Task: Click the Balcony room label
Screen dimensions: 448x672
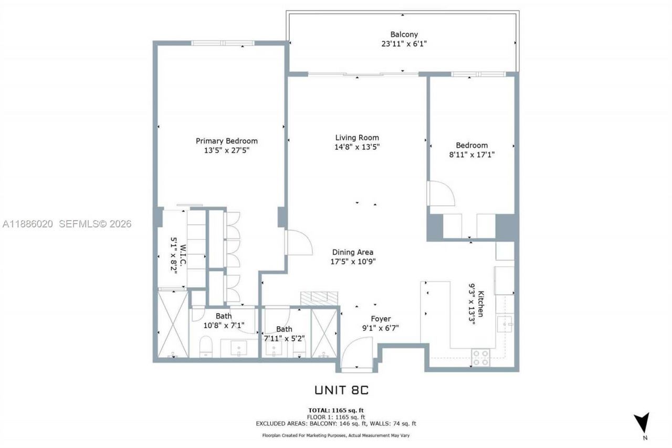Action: tap(404, 35)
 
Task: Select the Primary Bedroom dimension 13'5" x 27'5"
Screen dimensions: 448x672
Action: tap(226, 150)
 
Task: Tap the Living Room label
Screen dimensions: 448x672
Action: tap(357, 138)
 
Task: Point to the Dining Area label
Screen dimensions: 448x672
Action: tap(352, 252)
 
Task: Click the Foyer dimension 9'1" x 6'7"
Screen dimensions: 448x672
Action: tap(381, 328)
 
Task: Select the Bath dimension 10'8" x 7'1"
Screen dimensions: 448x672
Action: tap(224, 326)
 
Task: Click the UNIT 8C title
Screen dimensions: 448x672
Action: tap(343, 390)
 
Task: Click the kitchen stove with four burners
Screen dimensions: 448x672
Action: tap(480, 357)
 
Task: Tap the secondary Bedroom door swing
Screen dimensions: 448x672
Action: tap(440, 194)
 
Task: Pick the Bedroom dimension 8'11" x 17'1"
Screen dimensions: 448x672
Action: tap(471, 154)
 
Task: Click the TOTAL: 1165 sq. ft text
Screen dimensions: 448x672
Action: tap(336, 410)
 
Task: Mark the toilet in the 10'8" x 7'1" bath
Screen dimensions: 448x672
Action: tap(205, 346)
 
